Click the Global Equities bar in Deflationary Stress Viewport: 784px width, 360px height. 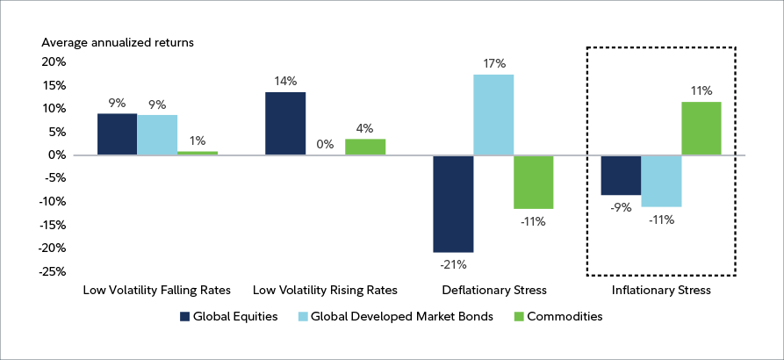(453, 204)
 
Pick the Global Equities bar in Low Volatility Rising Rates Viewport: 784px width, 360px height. (284, 124)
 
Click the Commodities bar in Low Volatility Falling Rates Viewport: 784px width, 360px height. (198, 153)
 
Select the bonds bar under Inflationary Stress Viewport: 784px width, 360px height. (661, 181)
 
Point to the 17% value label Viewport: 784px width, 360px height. (493, 63)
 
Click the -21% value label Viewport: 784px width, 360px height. (453, 263)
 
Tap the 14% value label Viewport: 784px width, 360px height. (284, 81)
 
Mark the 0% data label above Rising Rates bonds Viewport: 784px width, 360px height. (325, 144)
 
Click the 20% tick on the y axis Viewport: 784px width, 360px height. (54, 62)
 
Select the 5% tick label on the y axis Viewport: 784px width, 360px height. (56, 133)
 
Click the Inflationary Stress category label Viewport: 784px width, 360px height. (661, 289)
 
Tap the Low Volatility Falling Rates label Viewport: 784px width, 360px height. (157, 289)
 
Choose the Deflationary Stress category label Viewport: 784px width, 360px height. (494, 289)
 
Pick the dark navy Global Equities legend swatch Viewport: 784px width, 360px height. (185, 317)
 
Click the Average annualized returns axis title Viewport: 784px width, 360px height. (118, 41)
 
